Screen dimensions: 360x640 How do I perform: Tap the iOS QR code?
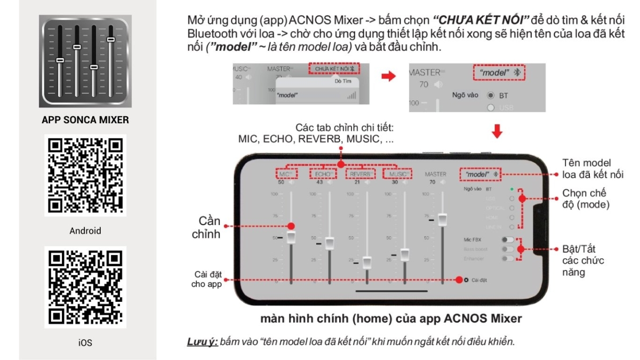[x=85, y=286]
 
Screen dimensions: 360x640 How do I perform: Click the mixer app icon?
[x=85, y=62]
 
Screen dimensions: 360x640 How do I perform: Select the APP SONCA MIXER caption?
[x=85, y=120]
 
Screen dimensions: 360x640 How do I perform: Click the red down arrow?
[x=497, y=131]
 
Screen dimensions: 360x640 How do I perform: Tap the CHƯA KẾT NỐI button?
[x=334, y=69]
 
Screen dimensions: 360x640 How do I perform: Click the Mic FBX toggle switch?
[x=507, y=239]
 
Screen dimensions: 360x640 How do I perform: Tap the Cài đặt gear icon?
[x=466, y=280]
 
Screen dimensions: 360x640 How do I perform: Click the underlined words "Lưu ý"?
[x=201, y=342]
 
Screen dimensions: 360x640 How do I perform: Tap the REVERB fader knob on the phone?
[x=367, y=262]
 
